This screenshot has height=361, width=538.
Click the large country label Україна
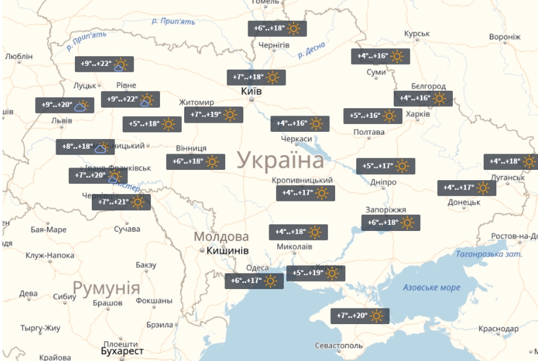(x=280, y=161)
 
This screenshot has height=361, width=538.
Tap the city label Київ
(x=251, y=91)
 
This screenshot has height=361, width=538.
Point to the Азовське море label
(x=432, y=287)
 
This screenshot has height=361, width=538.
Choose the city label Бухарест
(x=123, y=351)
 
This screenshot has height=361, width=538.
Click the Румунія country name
(x=106, y=287)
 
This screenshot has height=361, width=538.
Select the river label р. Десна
(x=312, y=50)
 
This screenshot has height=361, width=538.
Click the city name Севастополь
(x=339, y=345)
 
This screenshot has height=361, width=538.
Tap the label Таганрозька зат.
(x=489, y=254)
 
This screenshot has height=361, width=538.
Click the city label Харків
(x=418, y=114)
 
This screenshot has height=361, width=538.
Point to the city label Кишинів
(x=227, y=250)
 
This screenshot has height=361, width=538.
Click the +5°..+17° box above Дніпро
(x=385, y=166)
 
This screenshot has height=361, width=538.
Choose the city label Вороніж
(x=504, y=37)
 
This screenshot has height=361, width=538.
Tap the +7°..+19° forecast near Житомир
(x=213, y=114)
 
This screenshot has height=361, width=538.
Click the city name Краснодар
(x=498, y=328)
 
